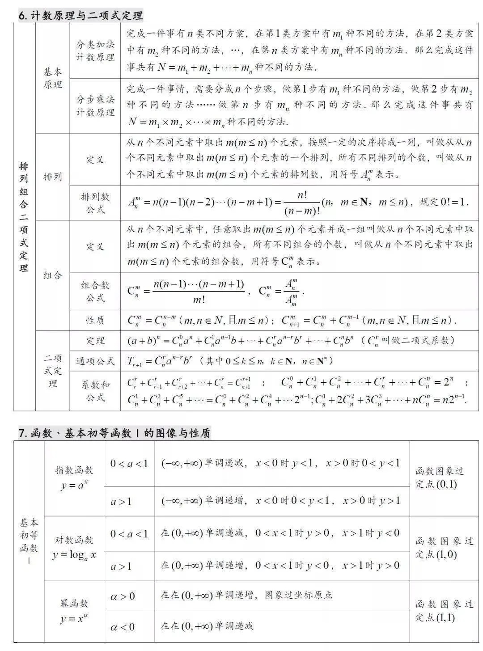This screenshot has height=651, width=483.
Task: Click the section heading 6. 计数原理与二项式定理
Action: [80, 15]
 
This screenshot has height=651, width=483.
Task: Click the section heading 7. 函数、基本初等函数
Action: [114, 433]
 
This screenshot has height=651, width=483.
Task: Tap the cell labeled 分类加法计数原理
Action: [95, 51]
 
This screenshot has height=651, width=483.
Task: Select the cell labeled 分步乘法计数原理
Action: [95, 106]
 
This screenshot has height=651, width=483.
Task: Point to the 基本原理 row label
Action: [53, 78]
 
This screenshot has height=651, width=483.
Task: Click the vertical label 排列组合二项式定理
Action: [24, 217]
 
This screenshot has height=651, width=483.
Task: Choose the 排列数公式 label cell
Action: [95, 203]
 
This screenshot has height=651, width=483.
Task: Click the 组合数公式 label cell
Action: [95, 291]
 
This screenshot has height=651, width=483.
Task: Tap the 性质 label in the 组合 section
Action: [95, 320]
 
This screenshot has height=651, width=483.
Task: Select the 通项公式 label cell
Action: [95, 361]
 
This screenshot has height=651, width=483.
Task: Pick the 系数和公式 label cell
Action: [95, 391]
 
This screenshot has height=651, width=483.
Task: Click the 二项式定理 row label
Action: [53, 371]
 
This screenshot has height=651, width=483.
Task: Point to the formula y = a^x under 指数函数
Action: [74, 484]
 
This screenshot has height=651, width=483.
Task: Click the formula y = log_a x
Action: [74, 555]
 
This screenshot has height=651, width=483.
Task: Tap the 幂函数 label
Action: [74, 604]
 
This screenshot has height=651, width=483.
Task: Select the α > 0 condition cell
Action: [123, 596]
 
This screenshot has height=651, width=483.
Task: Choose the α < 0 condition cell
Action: [123, 627]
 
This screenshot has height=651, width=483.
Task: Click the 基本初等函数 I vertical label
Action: [29, 541]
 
